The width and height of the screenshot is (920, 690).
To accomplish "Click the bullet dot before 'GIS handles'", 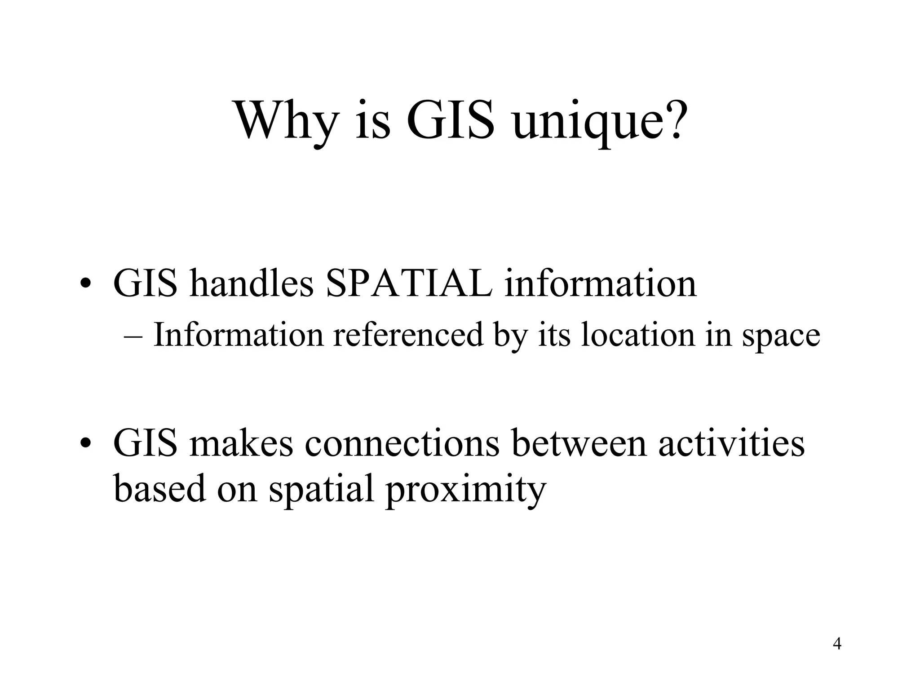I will [85, 285].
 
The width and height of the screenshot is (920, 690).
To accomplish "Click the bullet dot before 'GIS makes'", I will [85, 444].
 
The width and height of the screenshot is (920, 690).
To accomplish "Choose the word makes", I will [241, 443].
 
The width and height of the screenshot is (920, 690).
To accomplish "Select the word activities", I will [731, 443].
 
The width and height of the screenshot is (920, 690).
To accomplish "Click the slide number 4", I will [837, 644].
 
